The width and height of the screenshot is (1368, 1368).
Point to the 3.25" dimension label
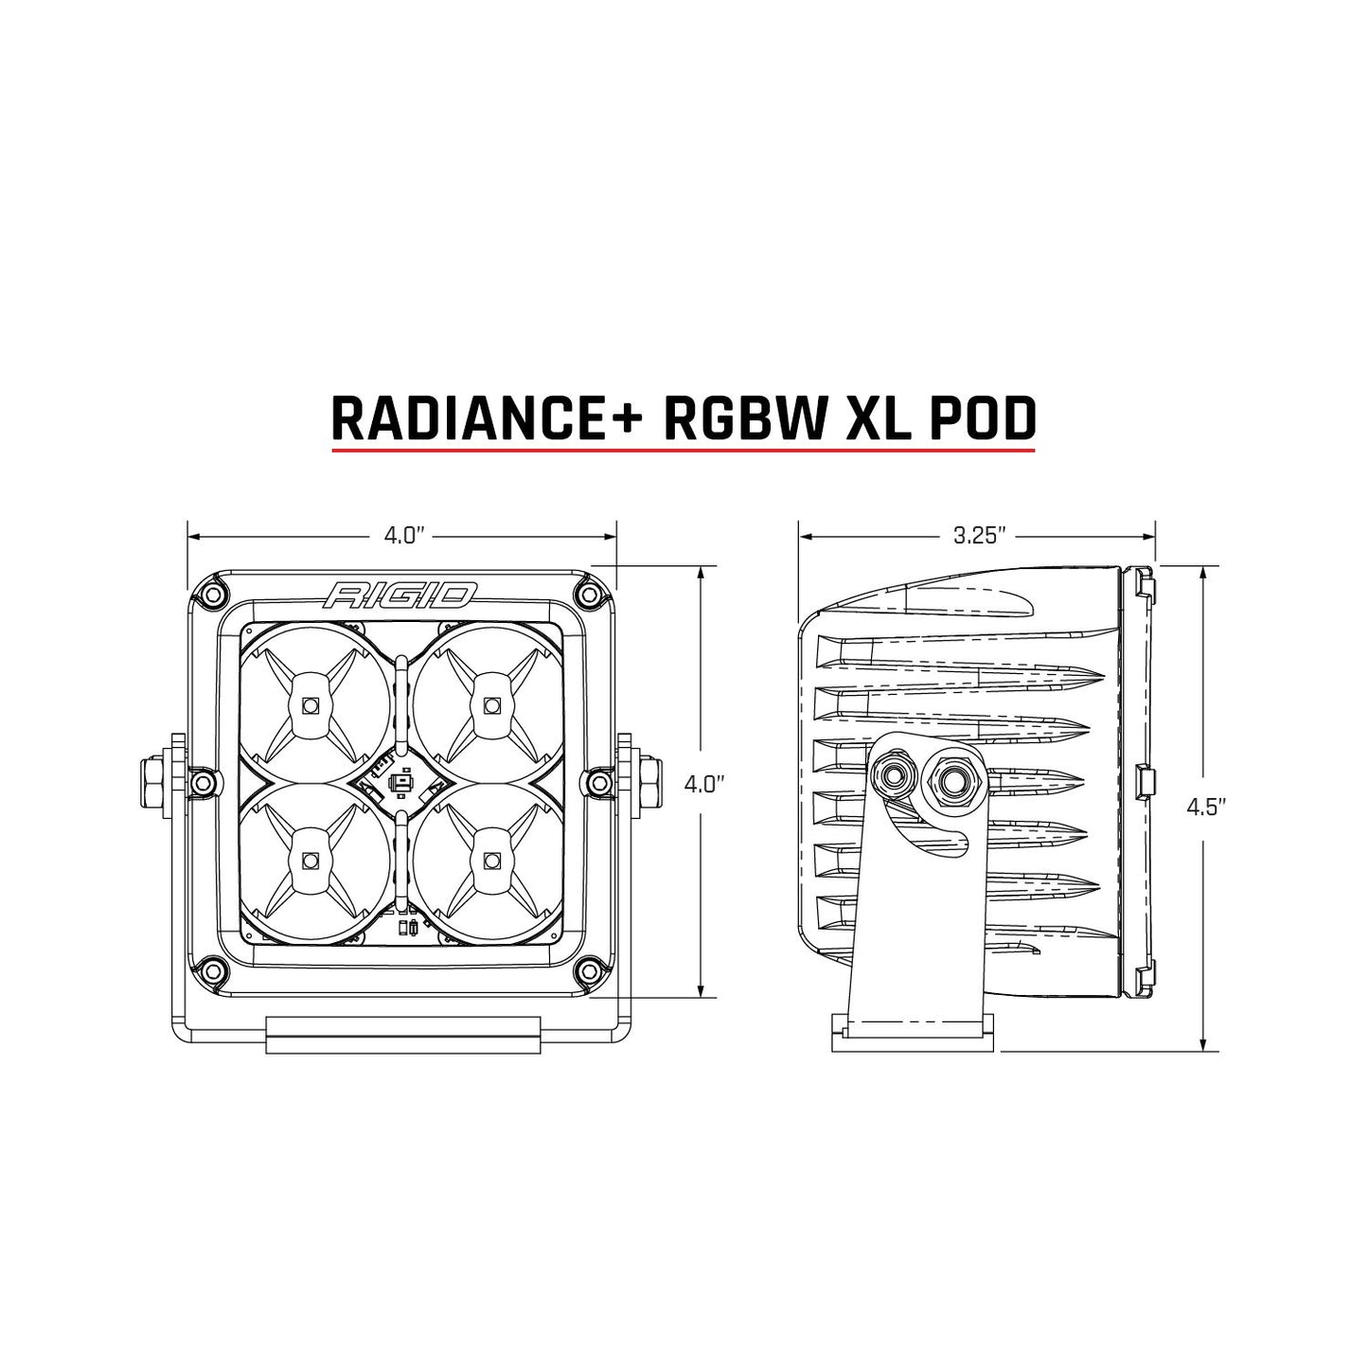click(977, 536)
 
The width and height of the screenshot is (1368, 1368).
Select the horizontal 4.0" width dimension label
click(402, 536)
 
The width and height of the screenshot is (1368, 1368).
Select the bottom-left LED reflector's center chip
click(309, 860)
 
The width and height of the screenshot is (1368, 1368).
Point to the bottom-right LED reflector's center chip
click(489, 860)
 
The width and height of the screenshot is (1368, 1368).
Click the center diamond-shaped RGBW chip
click(399, 782)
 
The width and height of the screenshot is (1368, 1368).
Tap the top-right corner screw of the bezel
click(591, 594)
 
